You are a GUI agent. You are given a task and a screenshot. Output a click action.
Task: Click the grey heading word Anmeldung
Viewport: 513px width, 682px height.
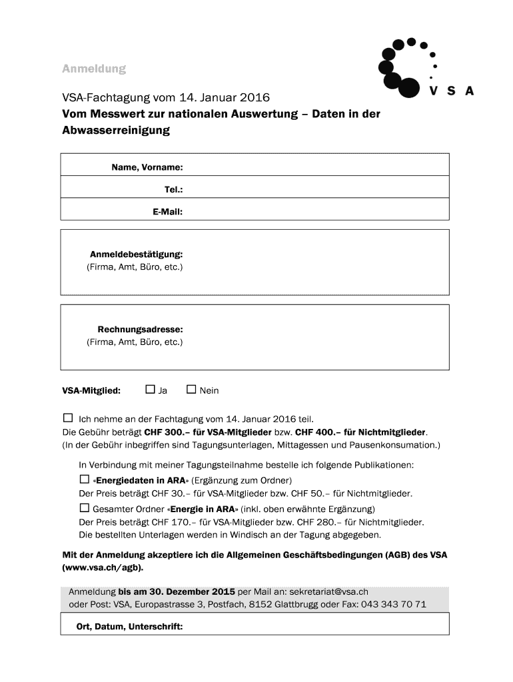(94, 69)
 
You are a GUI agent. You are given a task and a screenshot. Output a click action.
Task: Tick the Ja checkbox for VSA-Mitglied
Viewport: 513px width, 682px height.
(150, 390)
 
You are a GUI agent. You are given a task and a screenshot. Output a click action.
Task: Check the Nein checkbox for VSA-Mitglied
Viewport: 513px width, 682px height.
(191, 390)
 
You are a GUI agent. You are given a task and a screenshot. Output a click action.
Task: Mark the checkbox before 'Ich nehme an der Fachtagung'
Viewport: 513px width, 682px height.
(67, 418)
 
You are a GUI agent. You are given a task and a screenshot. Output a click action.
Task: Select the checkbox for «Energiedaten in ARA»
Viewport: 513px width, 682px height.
(84, 479)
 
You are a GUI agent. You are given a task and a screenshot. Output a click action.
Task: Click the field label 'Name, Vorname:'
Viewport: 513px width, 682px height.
(147, 167)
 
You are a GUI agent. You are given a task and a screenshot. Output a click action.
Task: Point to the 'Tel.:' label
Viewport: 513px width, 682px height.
(173, 190)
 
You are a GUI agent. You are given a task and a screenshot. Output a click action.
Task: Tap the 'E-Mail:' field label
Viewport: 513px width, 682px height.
(167, 212)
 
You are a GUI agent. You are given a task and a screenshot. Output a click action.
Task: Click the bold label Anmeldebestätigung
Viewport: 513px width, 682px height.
(136, 254)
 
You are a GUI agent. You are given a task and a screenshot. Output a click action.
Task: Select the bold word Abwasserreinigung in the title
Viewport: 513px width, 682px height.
(116, 131)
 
